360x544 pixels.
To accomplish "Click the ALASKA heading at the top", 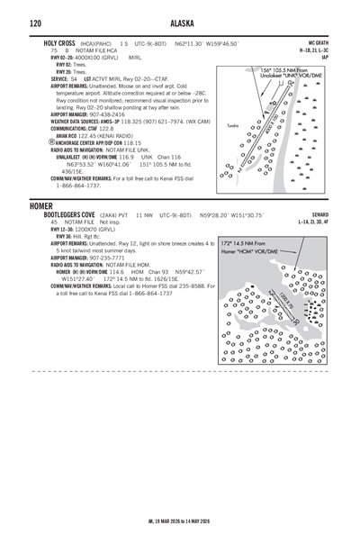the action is [180, 23].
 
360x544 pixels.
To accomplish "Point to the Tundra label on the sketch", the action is [232, 125].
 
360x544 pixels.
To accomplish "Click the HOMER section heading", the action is [41, 206].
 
